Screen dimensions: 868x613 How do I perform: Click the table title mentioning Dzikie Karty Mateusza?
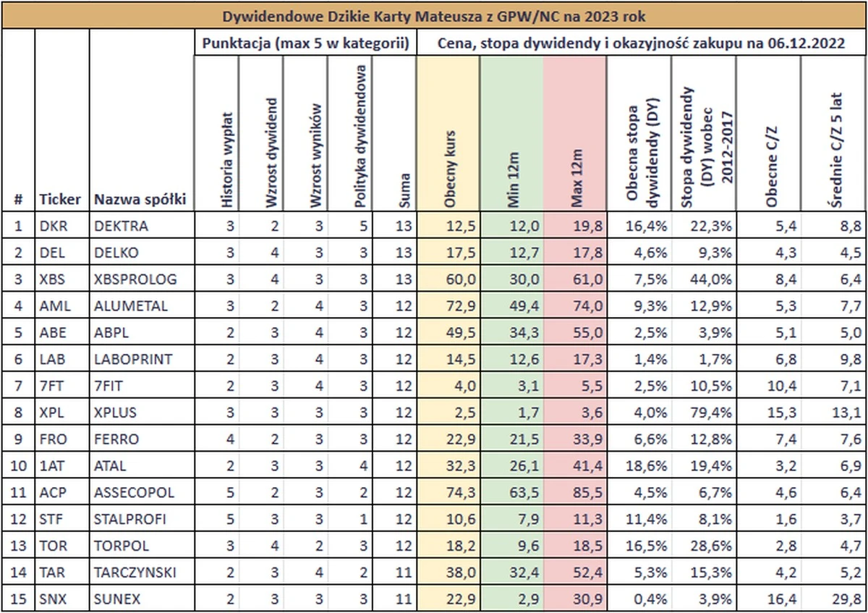click(433, 17)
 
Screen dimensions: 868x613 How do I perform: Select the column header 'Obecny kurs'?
click(449, 169)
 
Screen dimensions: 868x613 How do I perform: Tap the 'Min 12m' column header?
click(513, 180)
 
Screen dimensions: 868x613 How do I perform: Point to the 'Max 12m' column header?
click(577, 178)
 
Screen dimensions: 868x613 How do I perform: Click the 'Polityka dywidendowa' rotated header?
click(360, 136)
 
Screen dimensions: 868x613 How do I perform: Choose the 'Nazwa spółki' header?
click(140, 199)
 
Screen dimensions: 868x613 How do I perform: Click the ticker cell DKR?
click(54, 226)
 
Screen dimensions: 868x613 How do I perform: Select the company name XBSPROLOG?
click(135, 279)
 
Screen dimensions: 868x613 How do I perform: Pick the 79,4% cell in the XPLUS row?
click(710, 412)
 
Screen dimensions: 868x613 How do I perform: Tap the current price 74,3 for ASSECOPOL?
click(461, 492)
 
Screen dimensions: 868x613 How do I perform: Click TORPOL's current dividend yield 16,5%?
click(647, 546)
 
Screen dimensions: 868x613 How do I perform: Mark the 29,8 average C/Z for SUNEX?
click(847, 599)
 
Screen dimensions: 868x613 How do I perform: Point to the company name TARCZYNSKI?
click(135, 572)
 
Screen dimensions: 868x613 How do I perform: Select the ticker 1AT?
click(52, 465)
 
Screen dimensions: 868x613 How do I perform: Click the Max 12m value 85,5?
click(588, 492)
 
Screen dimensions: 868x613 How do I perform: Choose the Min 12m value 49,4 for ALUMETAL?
click(524, 306)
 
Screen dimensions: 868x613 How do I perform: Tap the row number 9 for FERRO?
click(18, 439)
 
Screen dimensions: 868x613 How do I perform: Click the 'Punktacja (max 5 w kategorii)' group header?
click(306, 43)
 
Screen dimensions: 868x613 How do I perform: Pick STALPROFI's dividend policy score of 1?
click(363, 519)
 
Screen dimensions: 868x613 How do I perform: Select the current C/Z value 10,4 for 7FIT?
click(782, 386)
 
